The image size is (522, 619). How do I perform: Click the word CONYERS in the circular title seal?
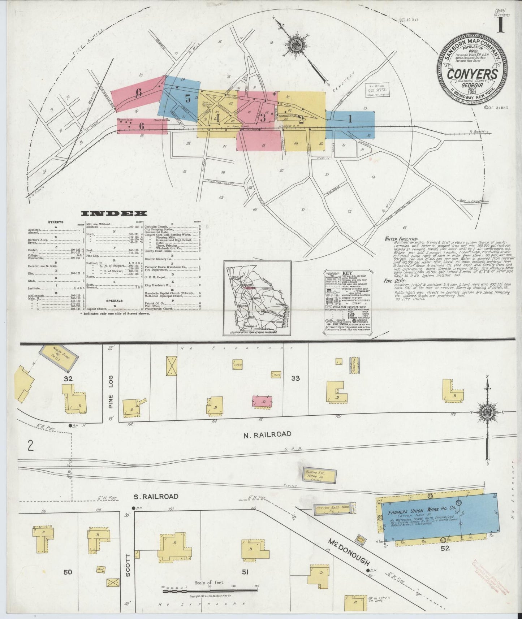[x=473, y=74]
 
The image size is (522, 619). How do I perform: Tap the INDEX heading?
[x=114, y=213]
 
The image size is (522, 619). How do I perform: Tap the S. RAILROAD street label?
[x=156, y=497]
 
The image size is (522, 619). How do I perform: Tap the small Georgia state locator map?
[x=257, y=298]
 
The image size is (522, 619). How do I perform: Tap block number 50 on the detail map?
[x=68, y=572]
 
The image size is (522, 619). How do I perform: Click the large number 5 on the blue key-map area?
[x=187, y=98]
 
